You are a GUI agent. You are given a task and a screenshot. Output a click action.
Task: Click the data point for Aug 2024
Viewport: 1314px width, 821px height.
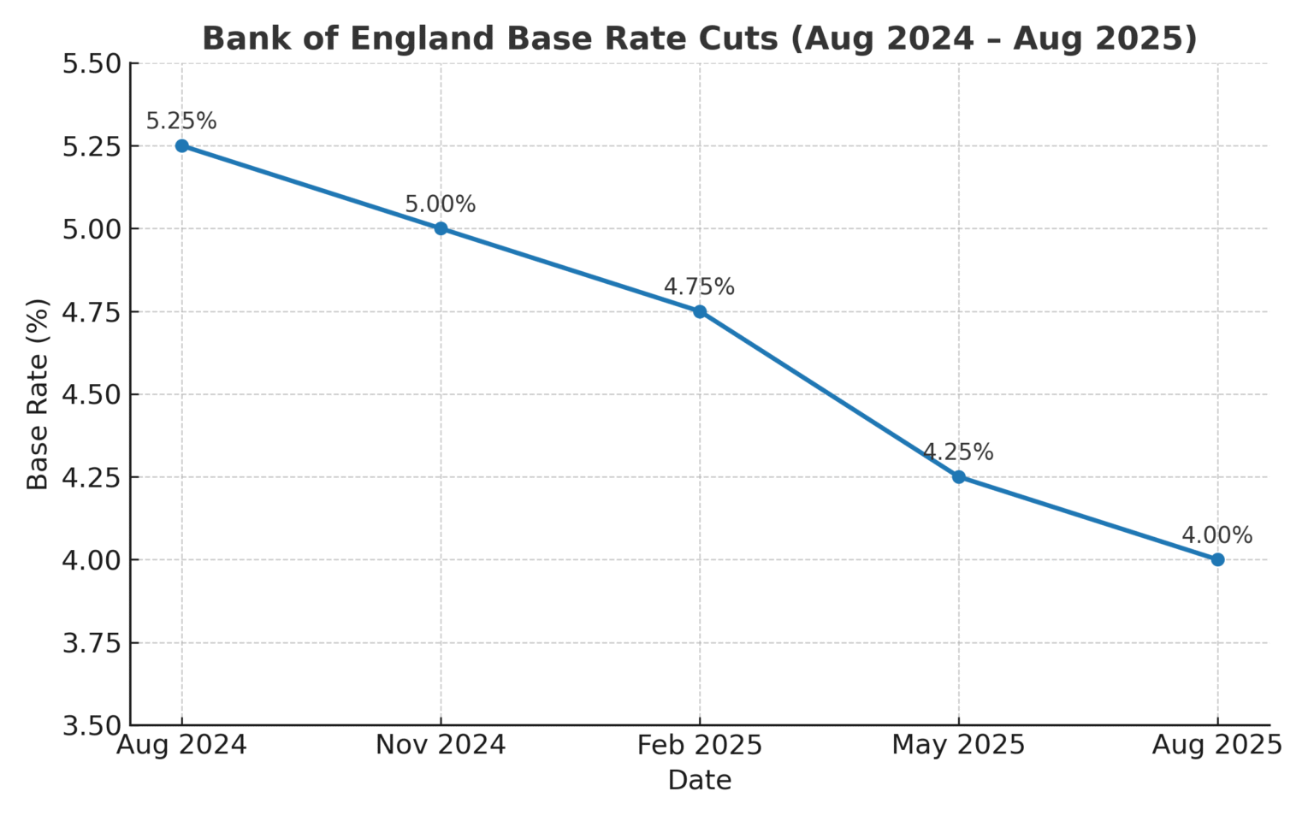(x=181, y=146)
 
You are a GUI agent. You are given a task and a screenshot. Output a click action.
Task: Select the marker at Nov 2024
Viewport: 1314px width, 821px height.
(x=441, y=228)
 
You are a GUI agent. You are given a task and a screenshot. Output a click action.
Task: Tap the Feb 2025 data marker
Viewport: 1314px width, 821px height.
(x=700, y=311)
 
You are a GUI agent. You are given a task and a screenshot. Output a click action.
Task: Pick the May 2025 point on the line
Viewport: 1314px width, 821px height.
(x=958, y=477)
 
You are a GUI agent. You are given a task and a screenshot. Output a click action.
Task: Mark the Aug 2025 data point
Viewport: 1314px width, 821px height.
(x=1217, y=560)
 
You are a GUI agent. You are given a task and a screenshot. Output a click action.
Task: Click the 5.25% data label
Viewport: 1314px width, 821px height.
(x=181, y=121)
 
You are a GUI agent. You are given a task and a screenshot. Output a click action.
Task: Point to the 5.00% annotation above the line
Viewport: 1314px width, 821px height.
(x=441, y=204)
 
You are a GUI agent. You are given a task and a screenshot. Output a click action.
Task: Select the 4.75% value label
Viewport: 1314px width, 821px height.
(x=700, y=287)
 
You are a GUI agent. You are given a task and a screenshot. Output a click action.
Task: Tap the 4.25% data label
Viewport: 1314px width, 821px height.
(x=958, y=452)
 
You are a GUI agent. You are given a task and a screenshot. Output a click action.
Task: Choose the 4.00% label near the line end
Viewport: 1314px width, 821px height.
(x=1217, y=535)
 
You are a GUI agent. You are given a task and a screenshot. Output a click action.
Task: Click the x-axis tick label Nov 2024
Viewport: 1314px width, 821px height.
(x=441, y=746)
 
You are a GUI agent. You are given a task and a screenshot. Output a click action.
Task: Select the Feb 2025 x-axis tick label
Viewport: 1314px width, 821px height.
(x=700, y=746)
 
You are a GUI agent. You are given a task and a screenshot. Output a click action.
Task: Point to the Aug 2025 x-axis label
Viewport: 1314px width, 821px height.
(x=1217, y=746)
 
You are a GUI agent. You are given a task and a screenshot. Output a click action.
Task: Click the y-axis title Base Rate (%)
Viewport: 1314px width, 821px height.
(x=38, y=394)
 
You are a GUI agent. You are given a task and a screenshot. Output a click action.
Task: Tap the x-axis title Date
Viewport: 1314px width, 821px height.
(x=700, y=781)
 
